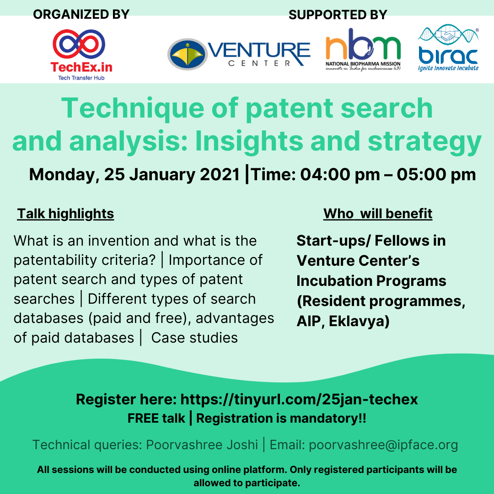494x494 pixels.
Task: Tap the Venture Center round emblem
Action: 186,54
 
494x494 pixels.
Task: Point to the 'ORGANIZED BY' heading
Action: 81,14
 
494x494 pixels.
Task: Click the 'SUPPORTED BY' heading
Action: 338,15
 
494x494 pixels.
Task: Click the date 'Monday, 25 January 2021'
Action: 134,175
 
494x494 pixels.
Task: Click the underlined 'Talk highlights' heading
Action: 65,214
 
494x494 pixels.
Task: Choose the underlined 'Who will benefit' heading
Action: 378,214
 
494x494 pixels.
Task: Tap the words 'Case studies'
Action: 194,338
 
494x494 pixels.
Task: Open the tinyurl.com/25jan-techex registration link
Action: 299,399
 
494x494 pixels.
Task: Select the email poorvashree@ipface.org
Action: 383,445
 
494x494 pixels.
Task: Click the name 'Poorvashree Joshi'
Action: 202,445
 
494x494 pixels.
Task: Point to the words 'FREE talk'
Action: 156,418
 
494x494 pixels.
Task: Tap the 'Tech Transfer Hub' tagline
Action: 81,78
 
